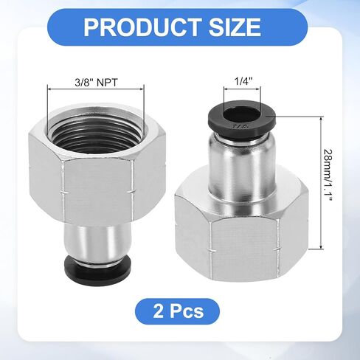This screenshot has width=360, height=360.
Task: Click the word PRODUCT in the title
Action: (x=142, y=27)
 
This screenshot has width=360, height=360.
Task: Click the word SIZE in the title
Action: (x=235, y=27)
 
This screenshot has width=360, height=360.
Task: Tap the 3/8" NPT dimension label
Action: (x=97, y=83)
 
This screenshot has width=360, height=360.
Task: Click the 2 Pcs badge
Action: (x=178, y=311)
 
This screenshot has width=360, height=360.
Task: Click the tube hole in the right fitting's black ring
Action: (x=242, y=114)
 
